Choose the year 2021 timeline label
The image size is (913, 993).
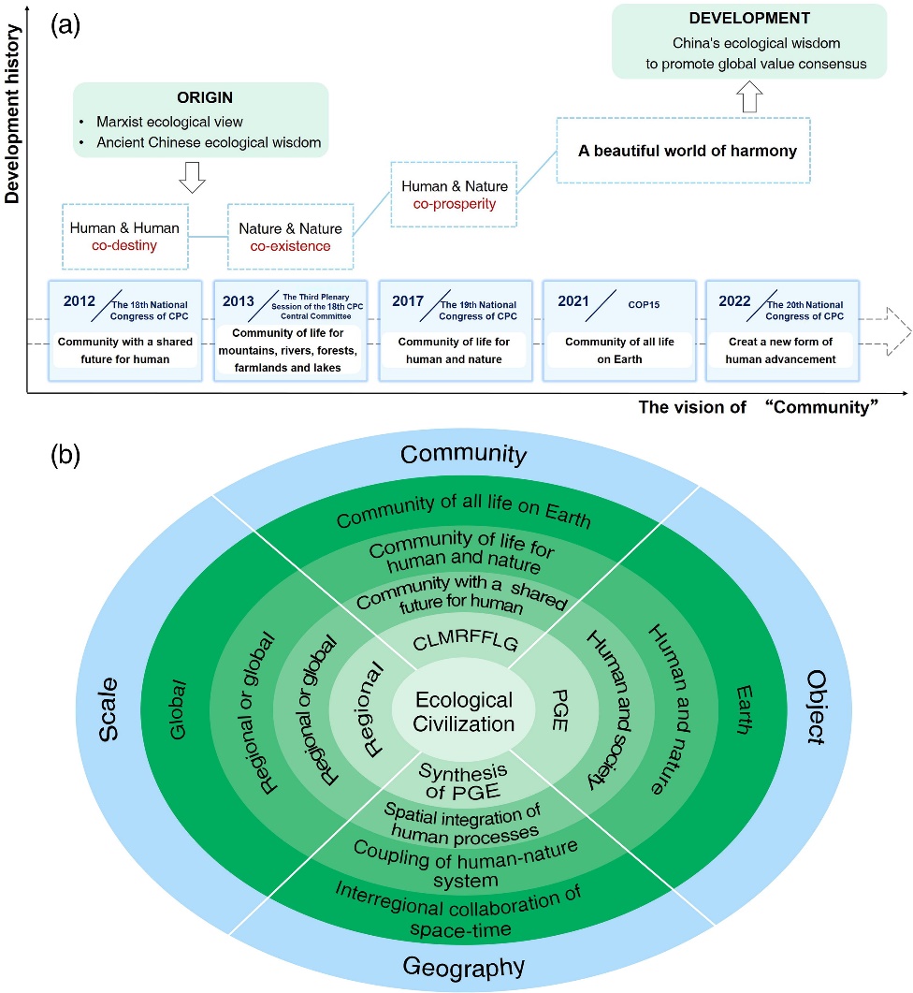[x=574, y=300]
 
